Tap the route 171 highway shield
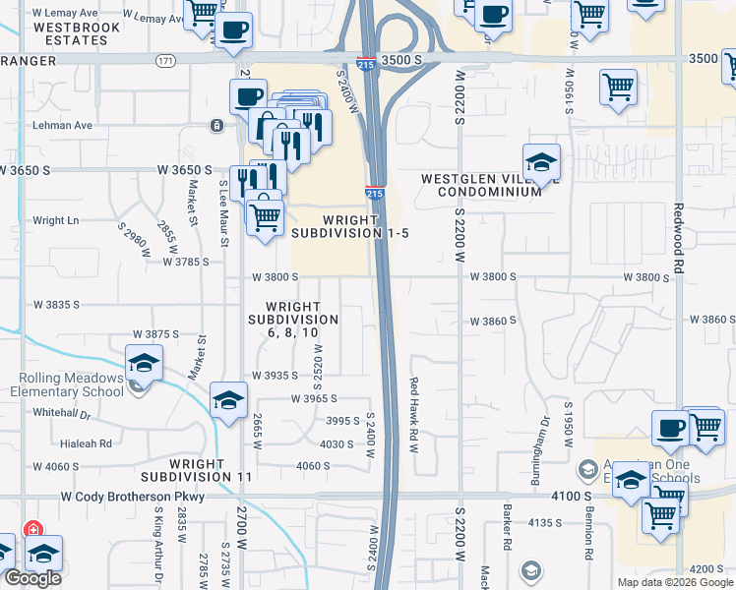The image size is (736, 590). click(164, 61)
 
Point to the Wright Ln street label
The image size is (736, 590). click(55, 220)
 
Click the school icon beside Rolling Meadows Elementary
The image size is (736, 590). click(144, 363)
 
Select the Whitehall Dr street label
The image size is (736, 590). click(67, 412)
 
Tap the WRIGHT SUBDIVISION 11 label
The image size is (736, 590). click(211, 469)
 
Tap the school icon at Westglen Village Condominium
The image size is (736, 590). click(541, 162)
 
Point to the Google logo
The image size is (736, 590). click(33, 578)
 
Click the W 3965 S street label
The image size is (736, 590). click(314, 398)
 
